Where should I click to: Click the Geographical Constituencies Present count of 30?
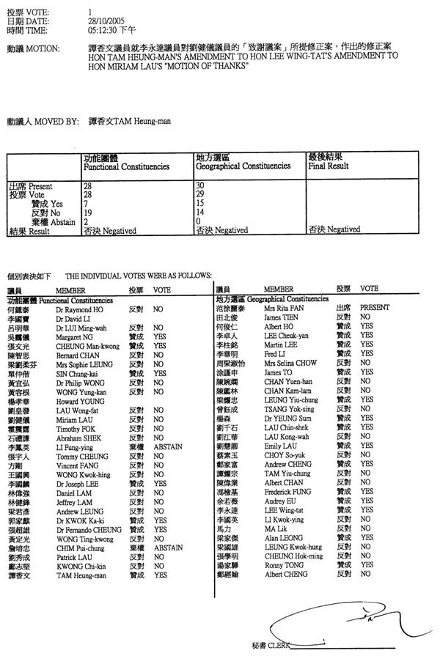click(202, 187)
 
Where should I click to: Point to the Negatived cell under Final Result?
click(334, 229)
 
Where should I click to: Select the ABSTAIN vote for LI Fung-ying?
click(168, 446)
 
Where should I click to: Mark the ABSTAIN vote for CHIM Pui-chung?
click(168, 547)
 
